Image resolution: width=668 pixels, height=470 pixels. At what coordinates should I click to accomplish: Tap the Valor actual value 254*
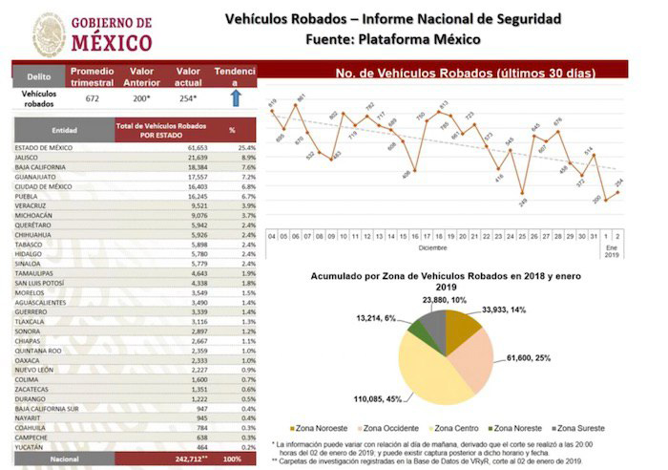[187, 97]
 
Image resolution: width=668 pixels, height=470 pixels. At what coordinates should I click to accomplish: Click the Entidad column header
[65, 129]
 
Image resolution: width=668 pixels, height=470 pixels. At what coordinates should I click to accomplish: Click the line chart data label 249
[524, 203]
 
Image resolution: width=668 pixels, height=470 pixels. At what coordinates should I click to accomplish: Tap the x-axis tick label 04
[272, 234]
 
